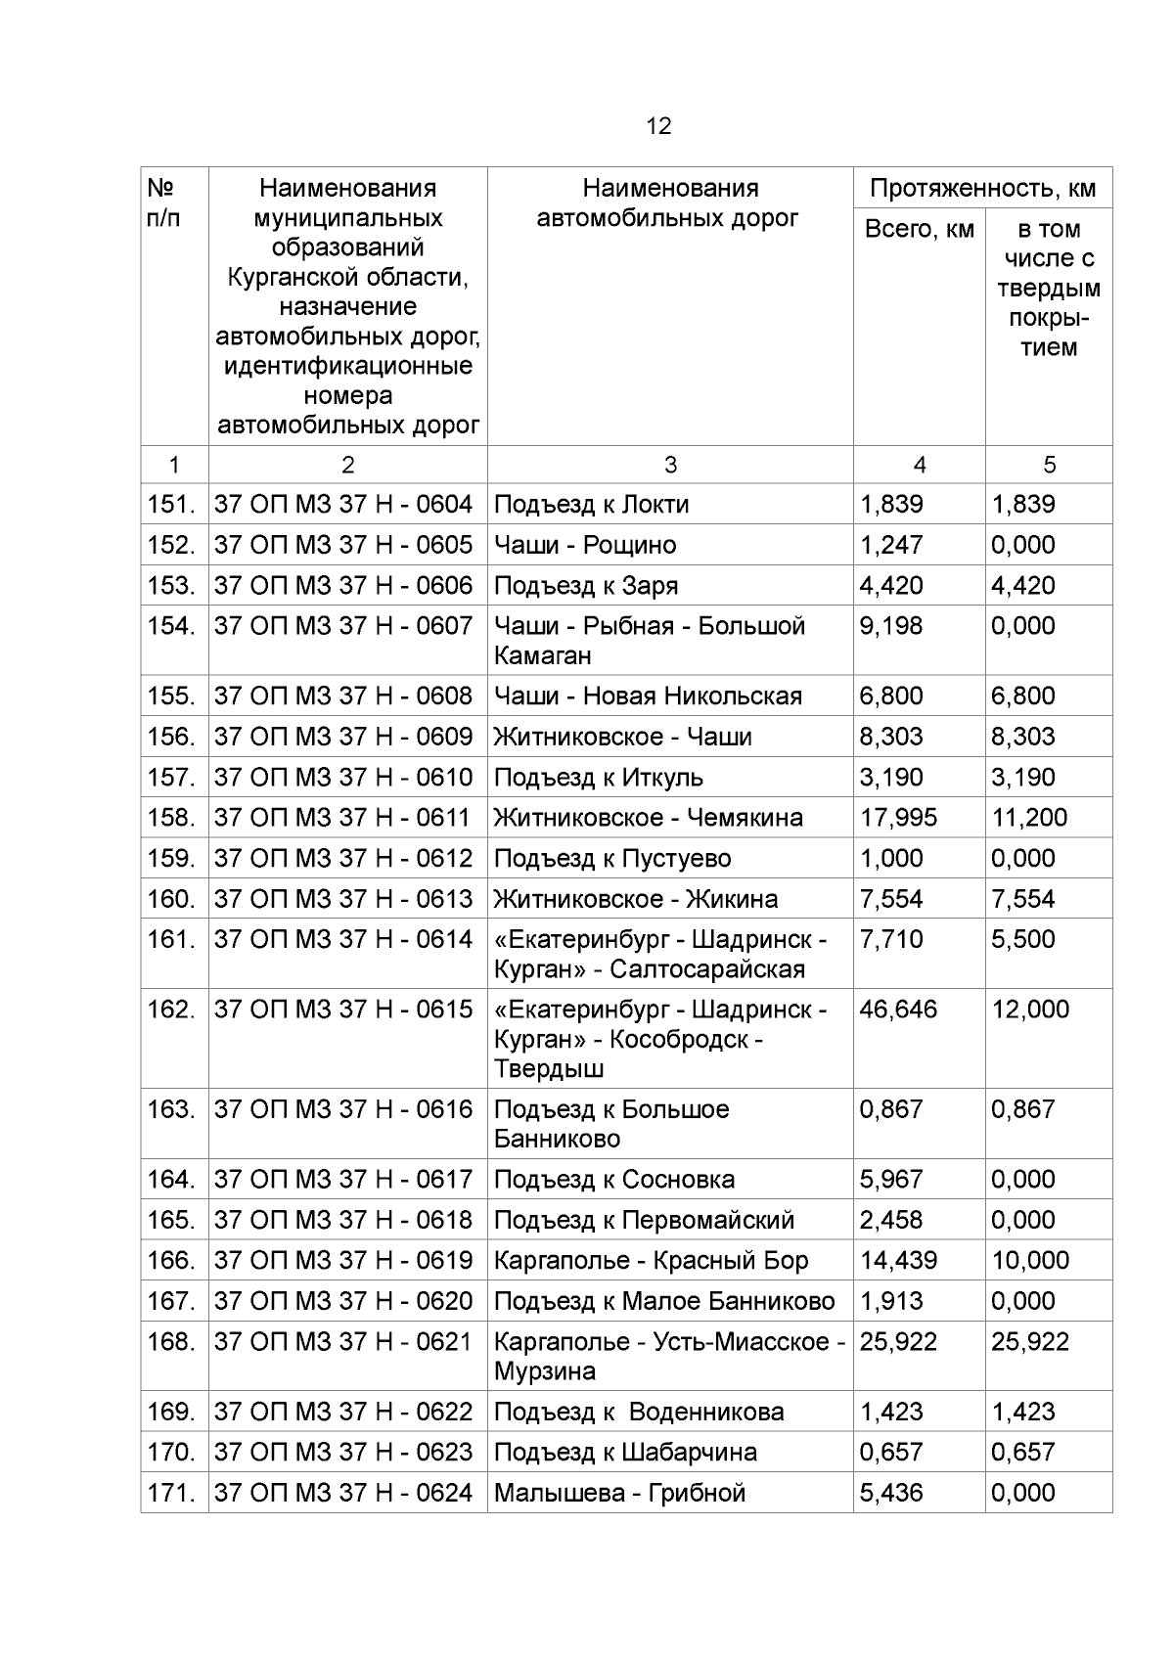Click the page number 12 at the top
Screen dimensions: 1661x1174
tap(658, 126)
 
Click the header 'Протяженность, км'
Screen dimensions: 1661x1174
tap(982, 189)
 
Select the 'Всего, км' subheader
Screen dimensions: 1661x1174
tap(919, 230)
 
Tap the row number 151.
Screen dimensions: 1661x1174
tap(171, 505)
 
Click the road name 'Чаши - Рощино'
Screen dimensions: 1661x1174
tap(585, 545)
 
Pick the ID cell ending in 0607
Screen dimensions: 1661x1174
tap(343, 626)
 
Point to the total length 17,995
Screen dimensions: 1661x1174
tap(898, 818)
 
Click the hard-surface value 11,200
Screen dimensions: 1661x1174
tap(1029, 818)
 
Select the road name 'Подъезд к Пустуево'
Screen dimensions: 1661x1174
tap(612, 859)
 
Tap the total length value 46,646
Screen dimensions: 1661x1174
tap(898, 1010)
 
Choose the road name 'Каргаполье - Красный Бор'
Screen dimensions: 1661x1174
tap(652, 1261)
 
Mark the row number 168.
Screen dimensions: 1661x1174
tap(171, 1342)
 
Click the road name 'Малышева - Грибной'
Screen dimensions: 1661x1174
tap(619, 1494)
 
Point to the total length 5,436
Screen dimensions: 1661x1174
tap(890, 1494)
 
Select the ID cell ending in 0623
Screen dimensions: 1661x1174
tap(343, 1453)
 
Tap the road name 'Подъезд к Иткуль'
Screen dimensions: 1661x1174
tap(599, 778)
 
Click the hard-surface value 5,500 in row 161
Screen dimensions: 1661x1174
tap(1023, 940)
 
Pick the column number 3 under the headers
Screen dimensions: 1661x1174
tap(669, 466)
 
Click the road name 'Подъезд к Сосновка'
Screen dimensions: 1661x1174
tap(614, 1180)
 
